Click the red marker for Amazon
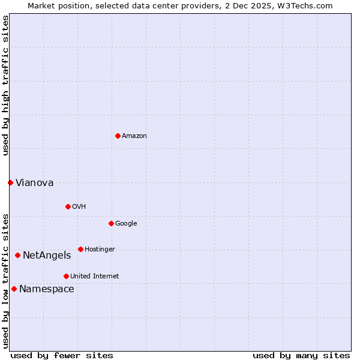coord(118,136)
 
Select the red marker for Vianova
coord(10,182)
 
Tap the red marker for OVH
coord(68,206)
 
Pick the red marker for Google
coord(111,223)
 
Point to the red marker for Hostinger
coord(80,249)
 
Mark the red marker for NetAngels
coord(17,255)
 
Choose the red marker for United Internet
coord(66,276)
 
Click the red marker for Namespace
coord(14,289)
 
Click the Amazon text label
coord(134,136)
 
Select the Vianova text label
coord(34,183)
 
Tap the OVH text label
coord(79,207)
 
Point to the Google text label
coord(126,224)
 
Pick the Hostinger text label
coord(100,250)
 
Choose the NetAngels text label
coord(47,256)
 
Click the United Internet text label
coord(94,277)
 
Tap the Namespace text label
coord(47,289)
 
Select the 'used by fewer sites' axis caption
coord(62,355)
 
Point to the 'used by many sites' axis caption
coord(301,355)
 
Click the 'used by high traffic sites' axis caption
coord(5,86)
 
